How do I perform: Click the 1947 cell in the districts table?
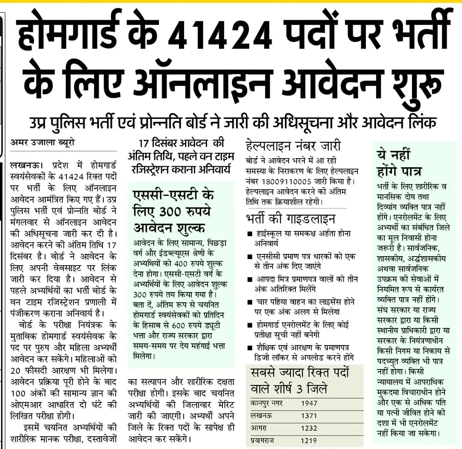coord(310,403)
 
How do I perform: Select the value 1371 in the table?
coord(310,415)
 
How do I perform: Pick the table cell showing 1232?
coord(310,428)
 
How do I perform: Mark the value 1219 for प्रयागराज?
coord(310,440)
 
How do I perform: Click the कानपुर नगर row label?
coord(267,403)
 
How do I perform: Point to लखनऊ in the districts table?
coord(261,415)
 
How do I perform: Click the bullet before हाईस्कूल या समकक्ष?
coord(250,234)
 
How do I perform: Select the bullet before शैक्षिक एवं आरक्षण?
coord(250,347)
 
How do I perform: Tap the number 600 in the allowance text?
coord(191,337)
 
